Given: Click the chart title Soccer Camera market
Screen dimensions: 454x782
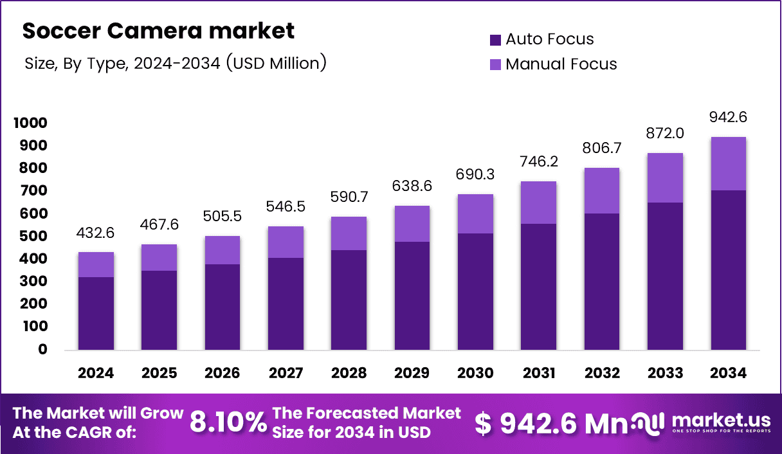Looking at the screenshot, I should (159, 30).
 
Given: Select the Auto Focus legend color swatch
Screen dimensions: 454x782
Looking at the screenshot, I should (495, 40).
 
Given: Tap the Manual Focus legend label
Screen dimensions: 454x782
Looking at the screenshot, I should (561, 64).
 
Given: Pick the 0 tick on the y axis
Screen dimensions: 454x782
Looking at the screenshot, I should (43, 349).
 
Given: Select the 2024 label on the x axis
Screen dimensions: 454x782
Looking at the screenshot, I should (96, 373).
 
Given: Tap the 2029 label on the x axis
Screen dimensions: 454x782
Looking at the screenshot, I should (412, 373).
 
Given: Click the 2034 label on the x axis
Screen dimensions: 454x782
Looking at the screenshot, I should (728, 373).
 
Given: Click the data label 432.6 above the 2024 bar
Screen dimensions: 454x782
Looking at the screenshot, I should (96, 232).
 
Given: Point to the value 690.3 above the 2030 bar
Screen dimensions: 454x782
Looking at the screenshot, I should (475, 174).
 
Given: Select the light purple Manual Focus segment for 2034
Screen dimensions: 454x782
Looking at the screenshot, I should (728, 163).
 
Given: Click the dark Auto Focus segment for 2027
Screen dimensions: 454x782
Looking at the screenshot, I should (286, 304).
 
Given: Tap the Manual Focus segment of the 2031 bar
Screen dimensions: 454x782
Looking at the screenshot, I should (538, 203).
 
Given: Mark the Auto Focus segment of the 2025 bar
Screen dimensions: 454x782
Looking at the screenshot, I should (159, 310).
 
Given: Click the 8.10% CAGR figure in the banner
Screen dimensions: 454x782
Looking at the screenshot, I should (228, 422).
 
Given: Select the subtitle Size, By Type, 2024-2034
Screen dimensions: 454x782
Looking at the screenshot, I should (175, 63).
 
